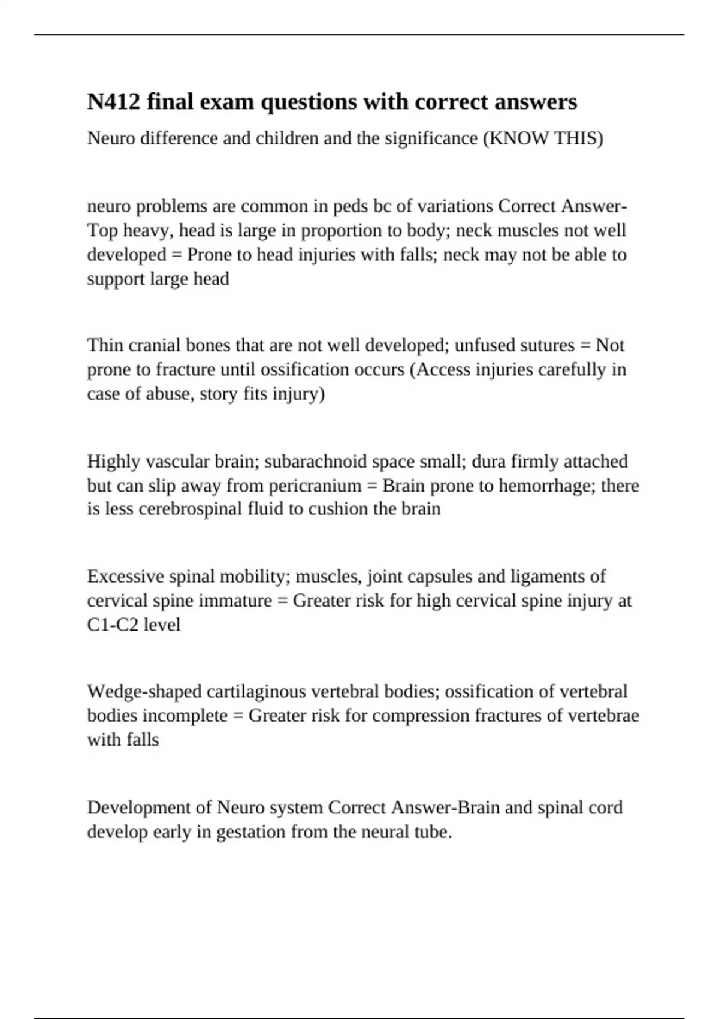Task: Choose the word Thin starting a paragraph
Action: (104, 345)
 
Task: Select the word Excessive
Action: (125, 577)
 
